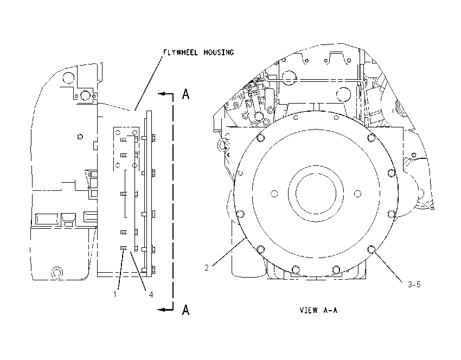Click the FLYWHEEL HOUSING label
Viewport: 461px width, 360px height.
pos(199,52)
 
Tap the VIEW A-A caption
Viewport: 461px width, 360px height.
pos(318,310)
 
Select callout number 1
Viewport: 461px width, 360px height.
pos(115,294)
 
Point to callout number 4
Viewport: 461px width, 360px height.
pos(151,294)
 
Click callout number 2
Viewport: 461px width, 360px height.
pos(207,267)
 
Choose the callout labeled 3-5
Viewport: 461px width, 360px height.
pos(414,284)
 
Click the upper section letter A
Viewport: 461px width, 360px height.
pos(186,94)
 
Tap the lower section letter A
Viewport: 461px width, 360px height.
pos(186,310)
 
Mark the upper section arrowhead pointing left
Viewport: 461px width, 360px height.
pos(161,94)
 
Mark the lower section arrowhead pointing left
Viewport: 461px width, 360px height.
pos(161,310)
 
